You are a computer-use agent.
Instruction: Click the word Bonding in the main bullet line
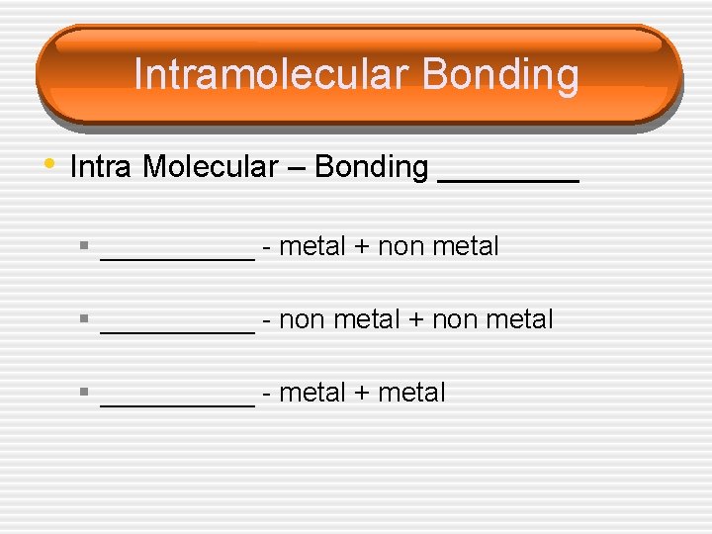371,167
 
